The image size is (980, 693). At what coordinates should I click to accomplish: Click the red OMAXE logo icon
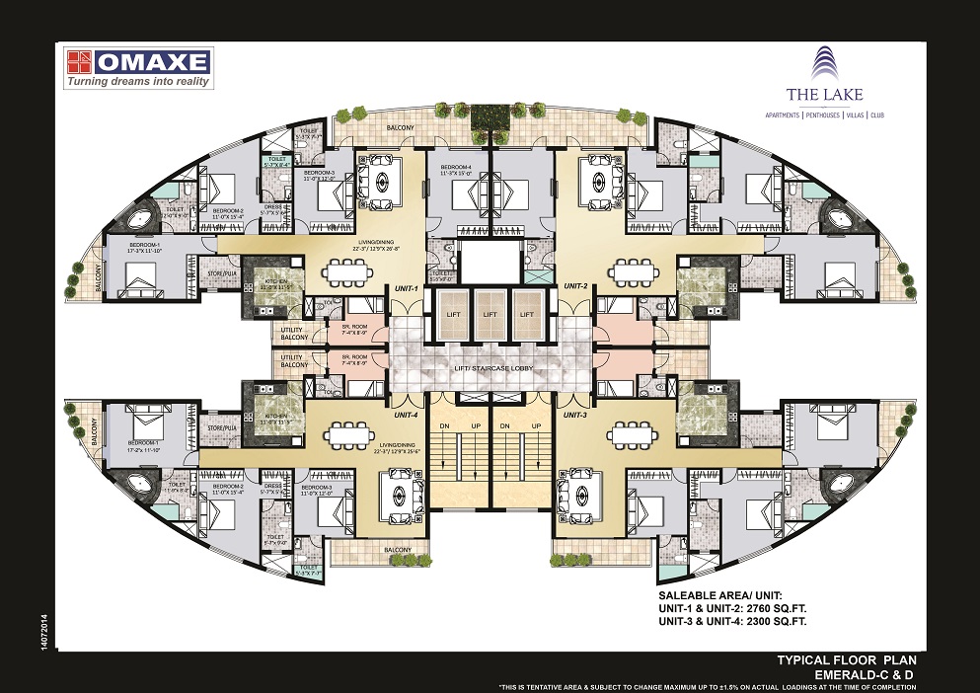pyautogui.click(x=79, y=62)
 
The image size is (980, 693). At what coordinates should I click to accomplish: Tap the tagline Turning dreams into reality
pyautogui.click(x=138, y=83)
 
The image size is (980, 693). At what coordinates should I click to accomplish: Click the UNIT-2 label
pyautogui.click(x=575, y=285)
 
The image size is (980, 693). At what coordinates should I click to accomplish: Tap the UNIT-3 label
pyautogui.click(x=575, y=416)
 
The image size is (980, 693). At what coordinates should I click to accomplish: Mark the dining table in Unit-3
pyautogui.click(x=632, y=433)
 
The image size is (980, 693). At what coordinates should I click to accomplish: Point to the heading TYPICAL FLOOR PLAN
pyautogui.click(x=853, y=658)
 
